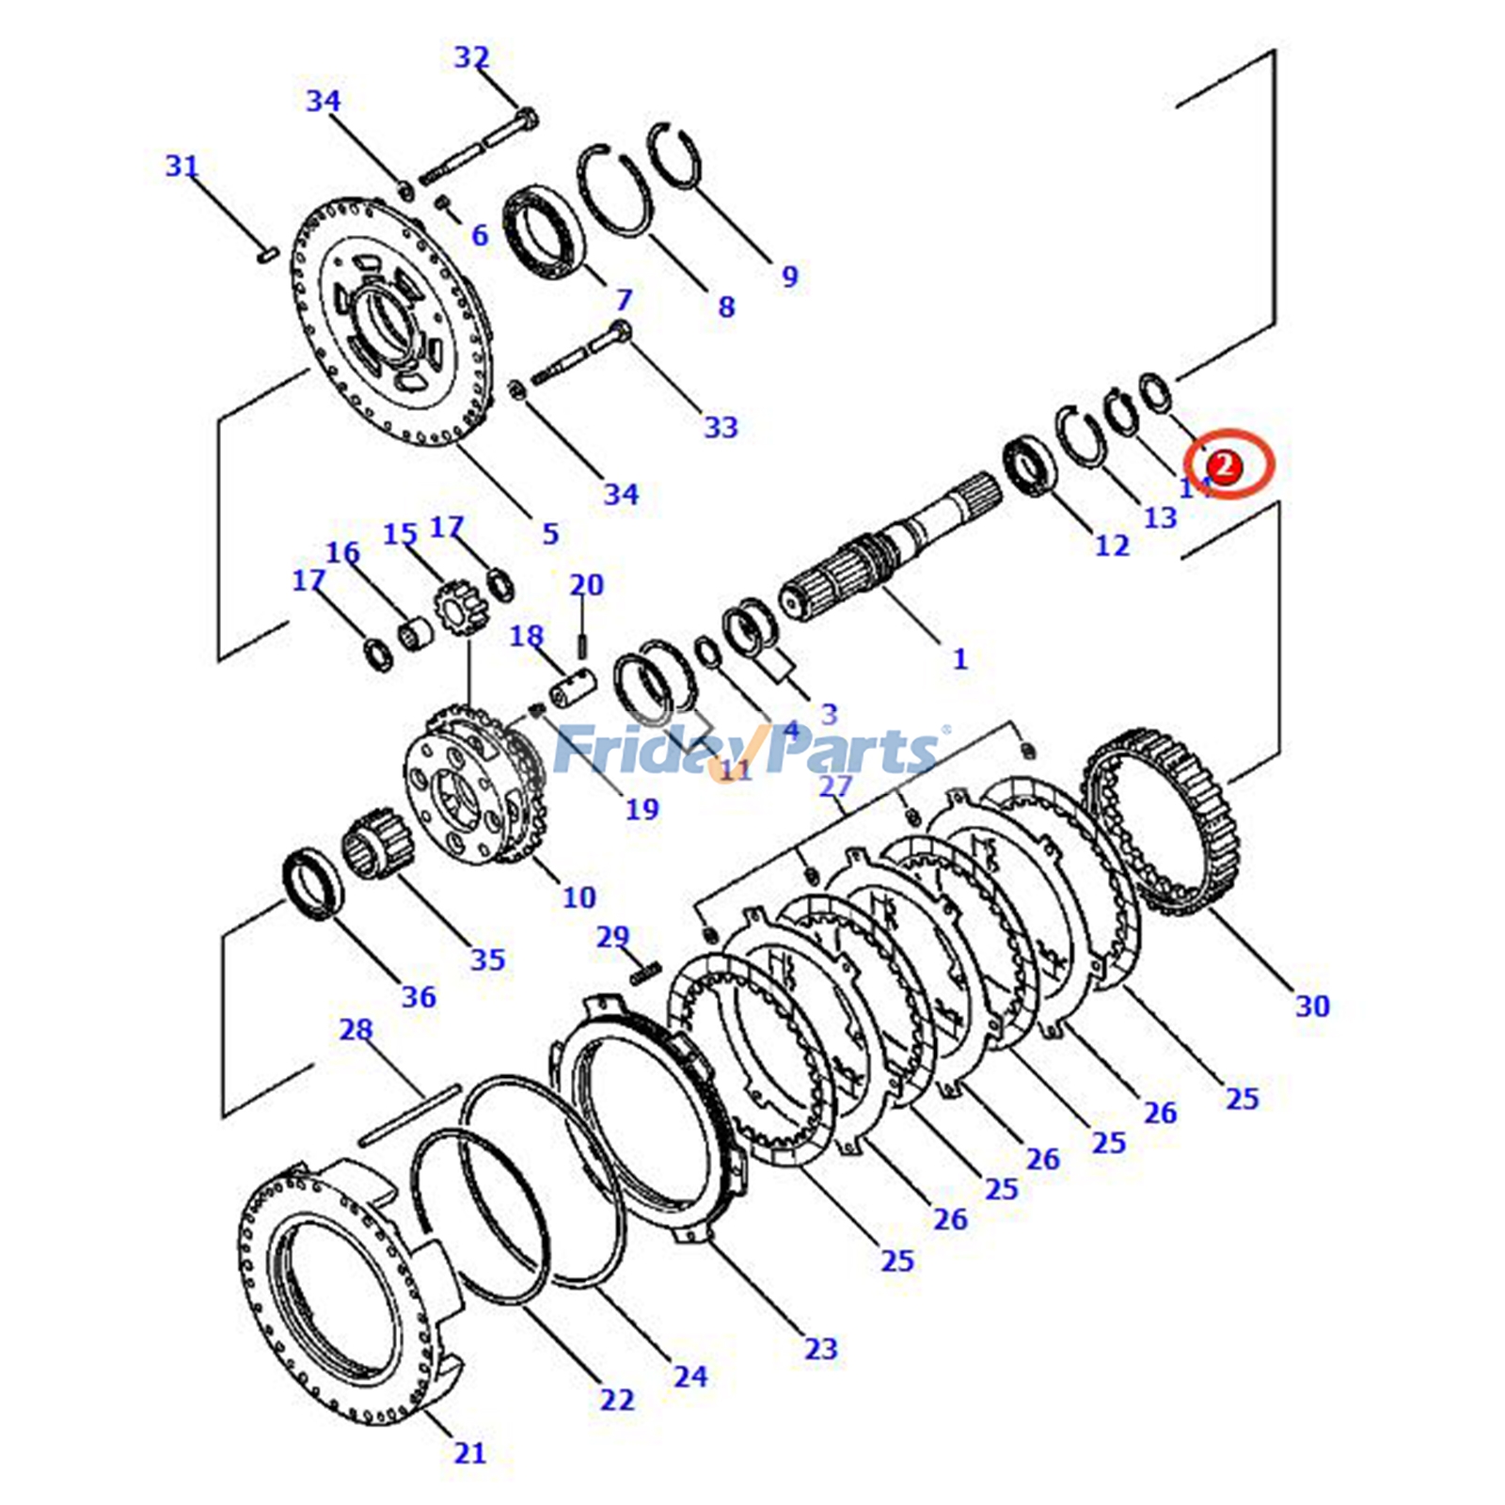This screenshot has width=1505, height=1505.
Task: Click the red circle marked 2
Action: click(x=1224, y=465)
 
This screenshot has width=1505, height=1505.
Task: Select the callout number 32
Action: click(x=471, y=57)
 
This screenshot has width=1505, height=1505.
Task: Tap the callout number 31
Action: click(x=182, y=166)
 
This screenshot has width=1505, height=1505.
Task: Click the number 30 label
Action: click(x=1312, y=1006)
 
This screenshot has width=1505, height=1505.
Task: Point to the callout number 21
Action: click(x=469, y=1452)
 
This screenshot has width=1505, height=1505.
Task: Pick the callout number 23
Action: click(x=820, y=1348)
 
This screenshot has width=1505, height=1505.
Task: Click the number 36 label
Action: click(x=419, y=996)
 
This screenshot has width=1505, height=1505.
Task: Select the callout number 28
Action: click(x=356, y=1030)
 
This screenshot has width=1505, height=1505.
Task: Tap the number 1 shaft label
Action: click(x=959, y=658)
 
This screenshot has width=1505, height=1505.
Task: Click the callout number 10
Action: click(x=578, y=897)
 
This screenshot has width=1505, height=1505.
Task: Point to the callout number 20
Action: click(x=586, y=584)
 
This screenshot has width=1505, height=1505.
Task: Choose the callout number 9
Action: click(x=789, y=277)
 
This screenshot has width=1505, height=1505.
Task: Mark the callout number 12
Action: click(x=1111, y=545)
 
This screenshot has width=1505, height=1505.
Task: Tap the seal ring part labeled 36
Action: click(x=313, y=883)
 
